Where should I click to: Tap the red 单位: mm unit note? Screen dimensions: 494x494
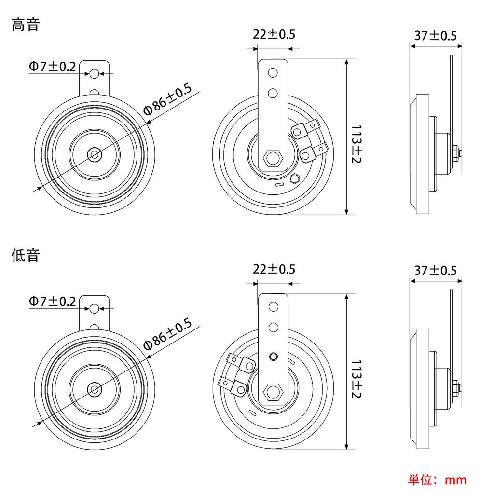click(x=438, y=480)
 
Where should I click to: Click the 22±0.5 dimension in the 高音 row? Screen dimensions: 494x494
click(x=274, y=34)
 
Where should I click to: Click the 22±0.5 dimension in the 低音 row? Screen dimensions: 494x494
click(x=274, y=269)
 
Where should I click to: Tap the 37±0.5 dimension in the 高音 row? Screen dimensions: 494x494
click(x=435, y=36)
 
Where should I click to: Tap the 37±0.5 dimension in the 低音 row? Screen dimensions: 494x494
click(x=435, y=270)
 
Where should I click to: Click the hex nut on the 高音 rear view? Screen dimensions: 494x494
click(x=273, y=156)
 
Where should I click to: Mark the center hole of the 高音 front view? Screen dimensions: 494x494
click(x=94, y=155)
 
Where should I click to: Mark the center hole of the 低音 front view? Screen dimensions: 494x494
click(x=94, y=389)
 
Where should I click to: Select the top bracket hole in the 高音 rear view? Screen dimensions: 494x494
click(x=273, y=73)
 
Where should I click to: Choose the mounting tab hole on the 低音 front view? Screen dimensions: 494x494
click(x=95, y=308)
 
